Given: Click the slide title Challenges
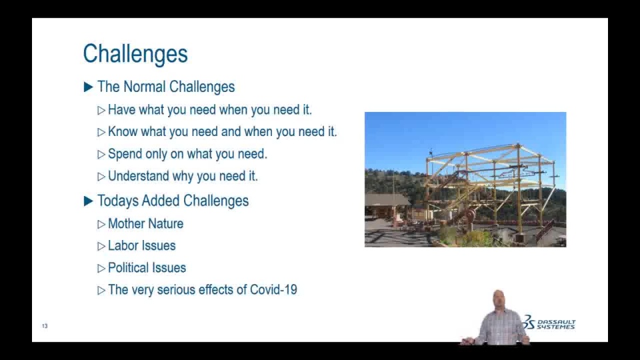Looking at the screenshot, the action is tap(135, 54).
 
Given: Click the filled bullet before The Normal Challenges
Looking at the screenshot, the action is tap(88, 87).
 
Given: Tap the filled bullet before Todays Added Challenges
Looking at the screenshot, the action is tap(88, 201).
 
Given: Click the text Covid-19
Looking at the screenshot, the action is tap(273, 290).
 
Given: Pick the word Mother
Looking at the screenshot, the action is tap(126, 224).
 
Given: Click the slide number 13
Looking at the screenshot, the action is tap(45, 326).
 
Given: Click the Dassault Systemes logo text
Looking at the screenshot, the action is tap(556, 325).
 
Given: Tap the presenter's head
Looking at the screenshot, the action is tap(499, 299).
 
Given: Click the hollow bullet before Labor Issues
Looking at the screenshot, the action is tap(101, 246).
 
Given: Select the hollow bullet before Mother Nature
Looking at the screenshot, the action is tap(101, 224).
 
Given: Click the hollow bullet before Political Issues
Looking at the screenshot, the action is tap(101, 268).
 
